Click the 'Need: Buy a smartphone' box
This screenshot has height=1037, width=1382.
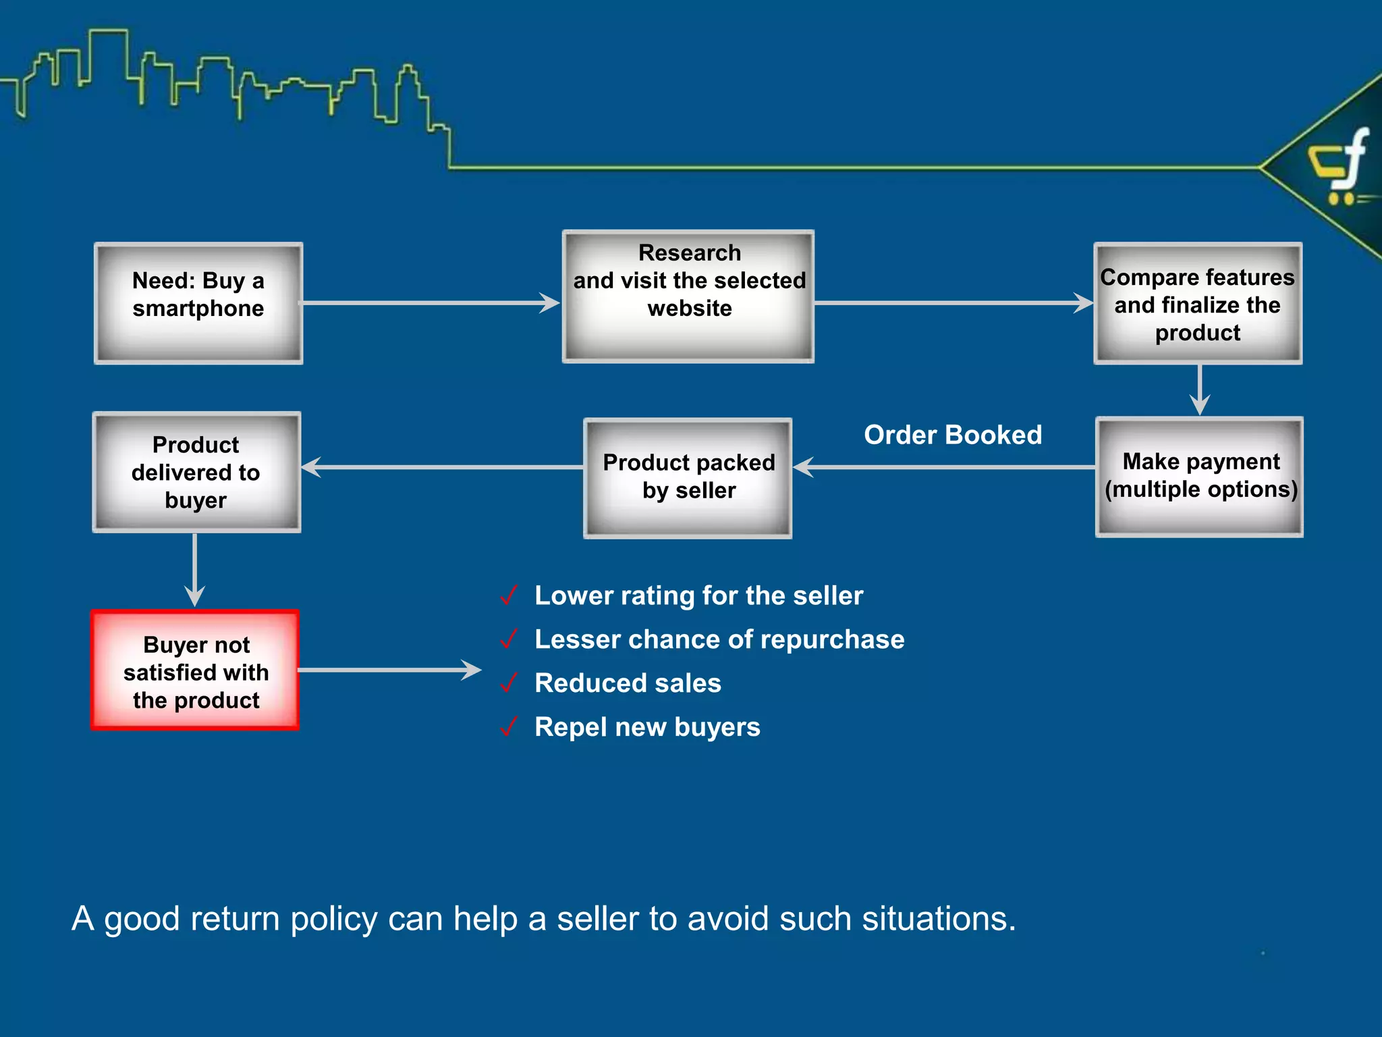(x=198, y=303)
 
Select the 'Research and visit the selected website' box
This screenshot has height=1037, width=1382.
(x=688, y=296)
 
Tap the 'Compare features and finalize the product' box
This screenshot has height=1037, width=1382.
(x=1198, y=304)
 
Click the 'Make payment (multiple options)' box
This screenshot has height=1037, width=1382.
(x=1200, y=477)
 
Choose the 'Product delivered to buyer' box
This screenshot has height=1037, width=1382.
(x=196, y=473)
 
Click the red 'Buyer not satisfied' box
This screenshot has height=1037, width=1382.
(x=195, y=670)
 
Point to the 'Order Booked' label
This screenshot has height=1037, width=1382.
(x=953, y=435)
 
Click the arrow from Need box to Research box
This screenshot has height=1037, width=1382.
(x=432, y=303)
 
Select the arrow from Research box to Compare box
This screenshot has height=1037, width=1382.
(x=953, y=303)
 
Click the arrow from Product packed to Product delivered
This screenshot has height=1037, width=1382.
(x=442, y=467)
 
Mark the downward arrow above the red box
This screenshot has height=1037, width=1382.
(x=195, y=570)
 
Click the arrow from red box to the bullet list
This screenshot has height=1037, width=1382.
(x=389, y=670)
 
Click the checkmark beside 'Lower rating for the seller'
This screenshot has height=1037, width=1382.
(x=509, y=595)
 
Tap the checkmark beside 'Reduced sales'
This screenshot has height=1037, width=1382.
(x=509, y=683)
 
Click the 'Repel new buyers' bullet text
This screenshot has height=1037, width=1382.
(x=647, y=727)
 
